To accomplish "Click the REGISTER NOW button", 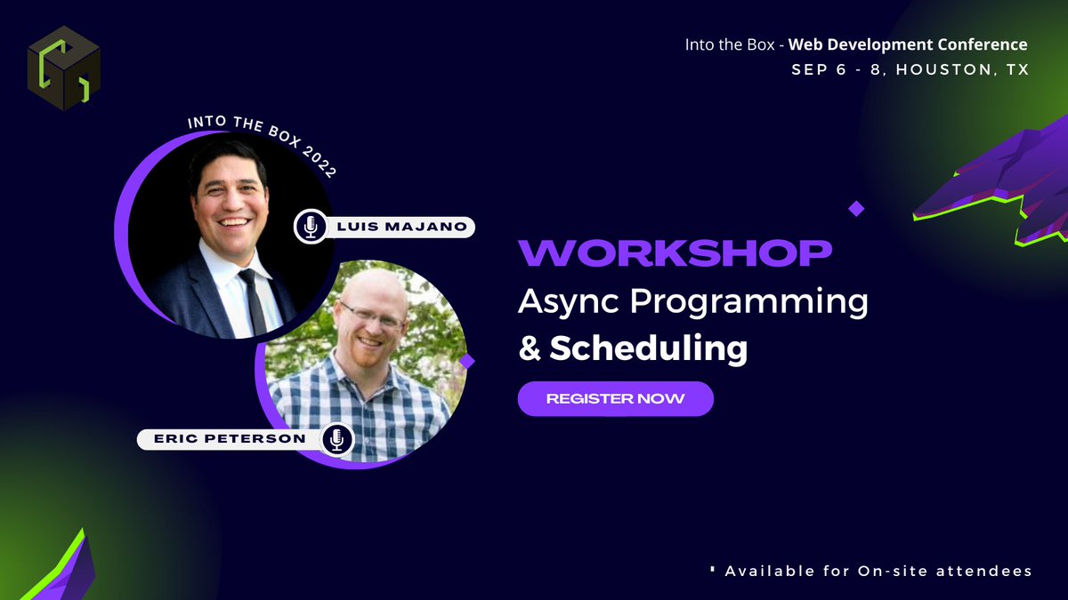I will coord(615,398).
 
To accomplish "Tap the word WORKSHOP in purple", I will coord(676,253).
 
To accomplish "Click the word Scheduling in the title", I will coord(648,348).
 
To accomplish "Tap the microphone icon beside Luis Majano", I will coord(310,227).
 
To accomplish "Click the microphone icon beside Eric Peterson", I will coord(336,439).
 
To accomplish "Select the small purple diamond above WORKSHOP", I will coord(856,209).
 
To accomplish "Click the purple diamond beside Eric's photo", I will coord(466,361).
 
